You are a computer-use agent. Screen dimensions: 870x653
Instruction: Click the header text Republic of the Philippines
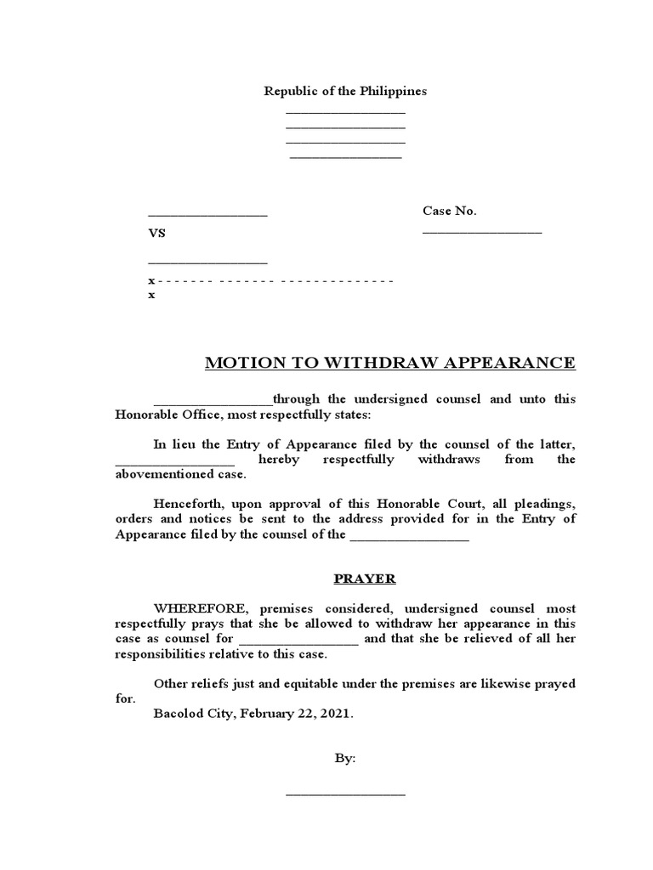344,91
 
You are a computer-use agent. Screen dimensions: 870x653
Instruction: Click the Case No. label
450,211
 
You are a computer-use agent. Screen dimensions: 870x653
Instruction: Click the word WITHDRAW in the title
348,364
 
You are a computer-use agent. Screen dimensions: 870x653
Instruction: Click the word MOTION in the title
240,364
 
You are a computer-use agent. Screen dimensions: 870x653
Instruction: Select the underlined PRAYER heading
363,579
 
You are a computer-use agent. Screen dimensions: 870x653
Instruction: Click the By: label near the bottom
345,759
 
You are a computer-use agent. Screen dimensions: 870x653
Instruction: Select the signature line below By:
345,794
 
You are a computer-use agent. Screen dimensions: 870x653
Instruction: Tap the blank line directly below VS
207,263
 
